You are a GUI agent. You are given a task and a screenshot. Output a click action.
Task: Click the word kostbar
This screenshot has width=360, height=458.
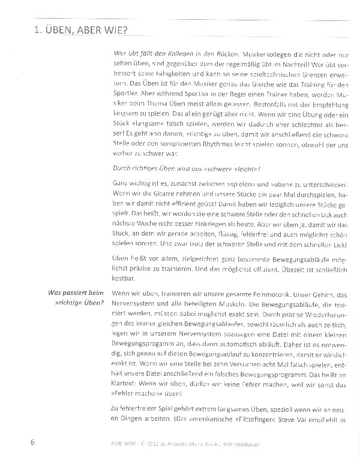coord(124,279)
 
